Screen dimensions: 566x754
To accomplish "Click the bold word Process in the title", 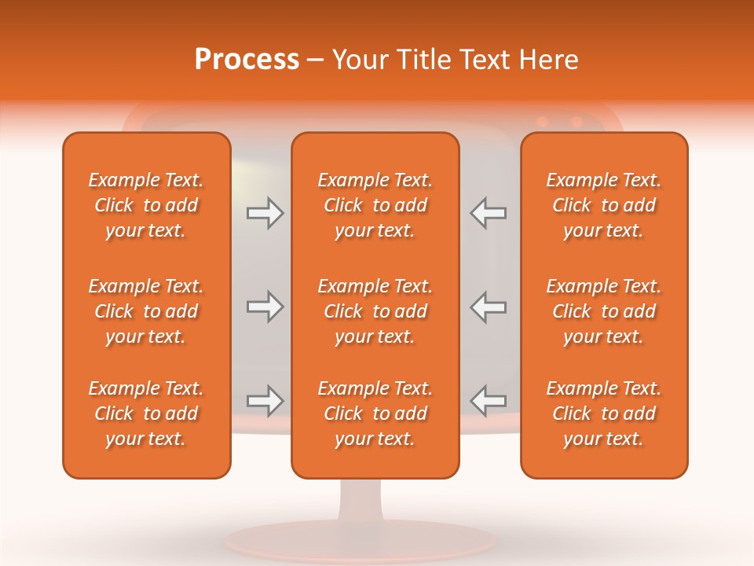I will click(247, 60).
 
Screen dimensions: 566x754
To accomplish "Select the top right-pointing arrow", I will click(265, 213).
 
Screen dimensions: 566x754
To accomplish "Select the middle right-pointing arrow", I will click(265, 307).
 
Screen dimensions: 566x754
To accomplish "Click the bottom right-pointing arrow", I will click(265, 401).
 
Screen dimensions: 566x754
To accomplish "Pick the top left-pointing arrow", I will click(488, 213).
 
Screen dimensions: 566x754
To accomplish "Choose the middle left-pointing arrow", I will click(488, 307).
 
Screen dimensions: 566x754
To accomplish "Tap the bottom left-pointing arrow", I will click(488, 401).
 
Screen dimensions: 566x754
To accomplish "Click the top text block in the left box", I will click(146, 205).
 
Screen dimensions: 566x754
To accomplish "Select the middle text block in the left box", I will click(146, 311).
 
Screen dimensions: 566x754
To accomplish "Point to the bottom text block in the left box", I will click(146, 413).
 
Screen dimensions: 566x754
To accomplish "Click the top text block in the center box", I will click(375, 205).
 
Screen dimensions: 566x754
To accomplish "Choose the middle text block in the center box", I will click(375, 311).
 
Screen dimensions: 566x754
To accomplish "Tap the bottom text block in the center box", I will click(375, 413).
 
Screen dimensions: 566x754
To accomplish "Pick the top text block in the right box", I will click(604, 205).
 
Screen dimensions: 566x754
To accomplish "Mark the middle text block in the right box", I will click(604, 311).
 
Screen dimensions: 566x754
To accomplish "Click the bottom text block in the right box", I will click(604, 413).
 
